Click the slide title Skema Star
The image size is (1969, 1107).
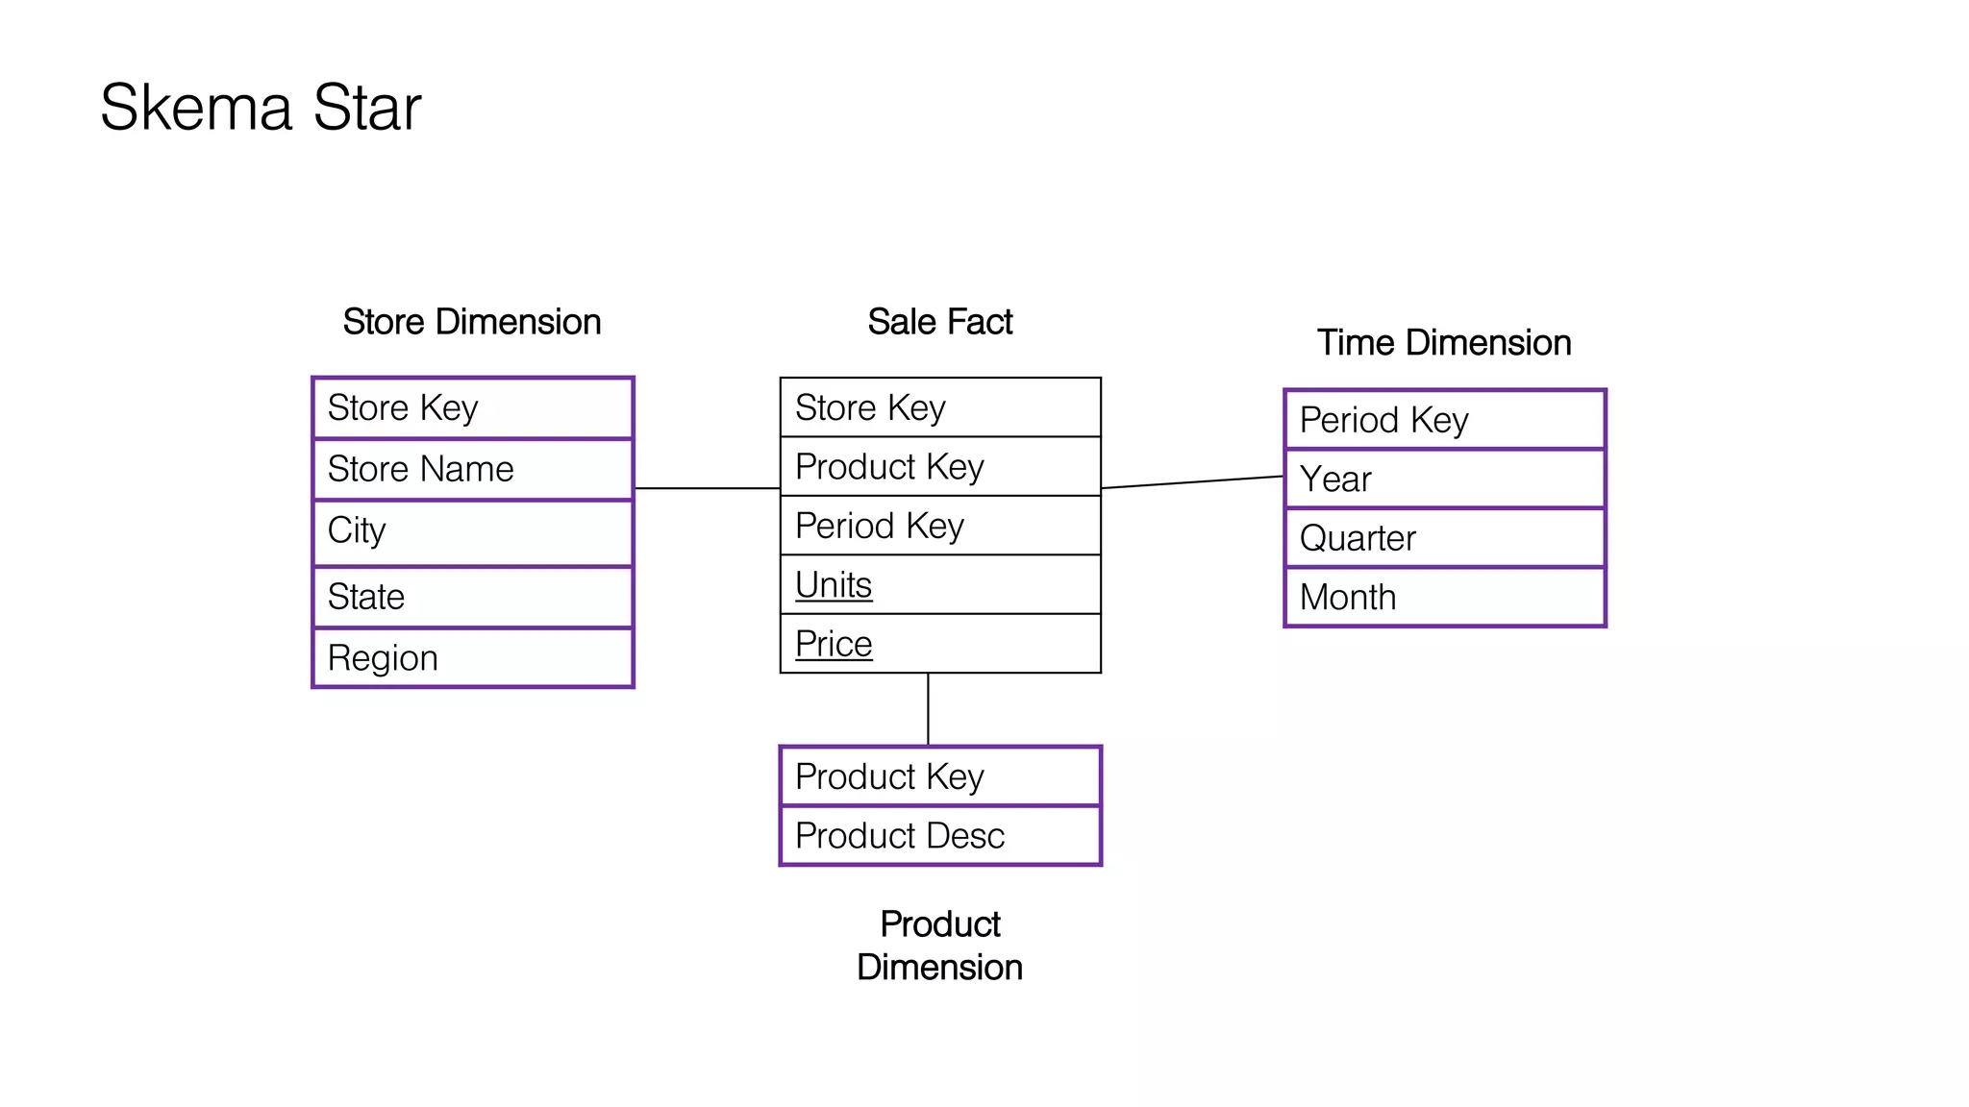coord(261,107)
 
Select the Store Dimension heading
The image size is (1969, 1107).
coord(471,322)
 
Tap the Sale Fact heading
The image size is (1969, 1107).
coord(939,322)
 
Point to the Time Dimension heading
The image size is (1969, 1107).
coord(1443,343)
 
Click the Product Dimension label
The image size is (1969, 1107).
coord(939,946)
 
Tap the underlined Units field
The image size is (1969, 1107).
coord(834,585)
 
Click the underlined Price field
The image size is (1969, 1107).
coord(834,644)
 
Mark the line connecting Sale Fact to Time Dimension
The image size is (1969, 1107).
coord(1192,482)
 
